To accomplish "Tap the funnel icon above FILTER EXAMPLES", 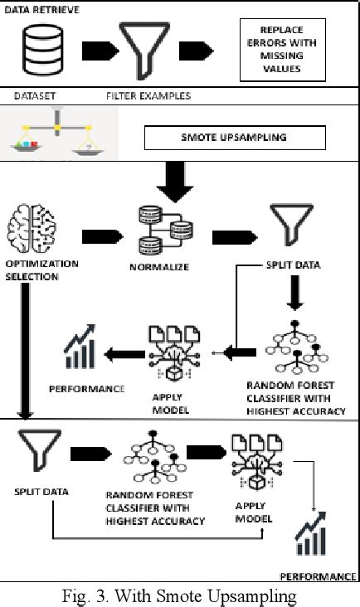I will (140, 49).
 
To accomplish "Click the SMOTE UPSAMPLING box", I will (235, 138).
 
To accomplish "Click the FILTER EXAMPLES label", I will (148, 95).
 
